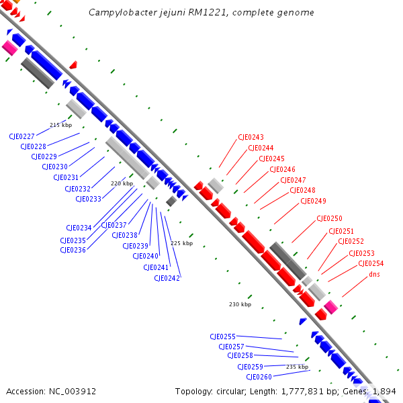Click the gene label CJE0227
click(x=22, y=136)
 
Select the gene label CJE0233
click(x=89, y=199)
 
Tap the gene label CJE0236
click(x=73, y=250)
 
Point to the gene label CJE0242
click(x=167, y=278)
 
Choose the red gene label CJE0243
click(x=251, y=138)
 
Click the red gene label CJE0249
click(x=313, y=201)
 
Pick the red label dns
click(x=374, y=274)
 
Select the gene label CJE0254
click(x=371, y=264)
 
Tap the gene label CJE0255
click(x=222, y=337)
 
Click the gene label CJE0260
click(x=259, y=377)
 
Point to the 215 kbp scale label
click(x=60, y=125)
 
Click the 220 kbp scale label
click(x=122, y=183)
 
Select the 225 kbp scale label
click(x=181, y=243)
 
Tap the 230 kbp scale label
click(x=240, y=304)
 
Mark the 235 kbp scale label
click(x=297, y=367)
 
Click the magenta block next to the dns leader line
click(x=330, y=307)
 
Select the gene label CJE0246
click(x=282, y=170)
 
